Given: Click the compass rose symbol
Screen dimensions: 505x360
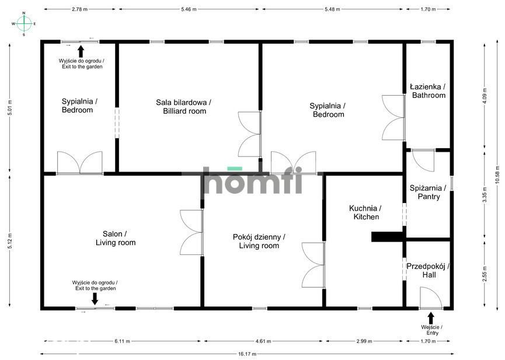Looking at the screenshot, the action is click(24, 23).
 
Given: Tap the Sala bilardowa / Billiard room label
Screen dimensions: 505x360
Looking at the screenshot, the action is click(183, 107).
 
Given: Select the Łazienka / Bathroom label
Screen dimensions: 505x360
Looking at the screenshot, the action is click(428, 91).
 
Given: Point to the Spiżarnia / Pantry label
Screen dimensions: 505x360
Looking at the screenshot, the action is click(428, 192).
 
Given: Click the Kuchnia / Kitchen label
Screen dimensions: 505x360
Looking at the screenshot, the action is click(365, 212).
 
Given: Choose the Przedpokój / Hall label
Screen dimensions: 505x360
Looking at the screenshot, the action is click(428, 271).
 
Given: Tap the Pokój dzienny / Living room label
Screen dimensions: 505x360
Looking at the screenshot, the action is click(259, 241).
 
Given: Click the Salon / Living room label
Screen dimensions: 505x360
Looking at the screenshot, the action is click(115, 238).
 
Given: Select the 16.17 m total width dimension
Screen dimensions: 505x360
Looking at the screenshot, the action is click(247, 354).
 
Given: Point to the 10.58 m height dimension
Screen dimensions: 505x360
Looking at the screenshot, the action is click(498, 176).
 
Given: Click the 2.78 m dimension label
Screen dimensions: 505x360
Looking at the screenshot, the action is click(79, 9).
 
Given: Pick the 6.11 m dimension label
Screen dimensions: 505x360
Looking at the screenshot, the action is click(123, 341).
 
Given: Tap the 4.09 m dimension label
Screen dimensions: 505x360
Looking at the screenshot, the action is click(485, 96).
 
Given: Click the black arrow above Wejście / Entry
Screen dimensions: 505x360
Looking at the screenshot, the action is click(431, 319).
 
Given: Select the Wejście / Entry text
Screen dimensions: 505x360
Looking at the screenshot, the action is click(431, 330).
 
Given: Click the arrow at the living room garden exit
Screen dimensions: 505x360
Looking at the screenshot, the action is click(95, 299).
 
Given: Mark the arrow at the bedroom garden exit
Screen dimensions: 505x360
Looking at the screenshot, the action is click(81, 51).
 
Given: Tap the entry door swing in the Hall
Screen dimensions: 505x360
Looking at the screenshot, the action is click(431, 298).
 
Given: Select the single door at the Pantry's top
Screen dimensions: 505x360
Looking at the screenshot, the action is click(423, 161).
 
